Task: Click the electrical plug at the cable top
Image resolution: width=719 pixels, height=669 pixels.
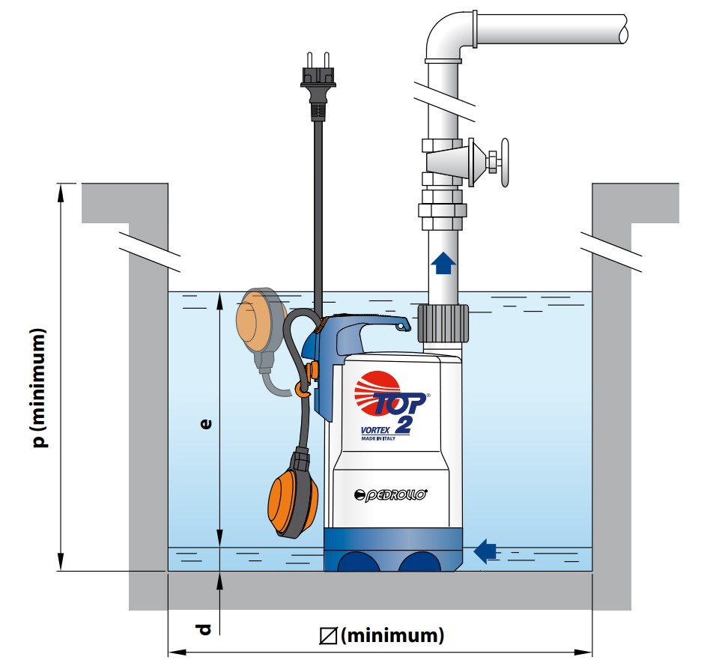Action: (317, 79)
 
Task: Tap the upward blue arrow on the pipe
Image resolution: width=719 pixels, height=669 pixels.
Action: (443, 262)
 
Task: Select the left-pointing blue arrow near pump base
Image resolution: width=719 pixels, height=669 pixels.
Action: (485, 551)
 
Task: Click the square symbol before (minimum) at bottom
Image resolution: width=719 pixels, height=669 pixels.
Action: (327, 636)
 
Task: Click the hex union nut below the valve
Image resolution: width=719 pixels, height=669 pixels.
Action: (443, 211)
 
